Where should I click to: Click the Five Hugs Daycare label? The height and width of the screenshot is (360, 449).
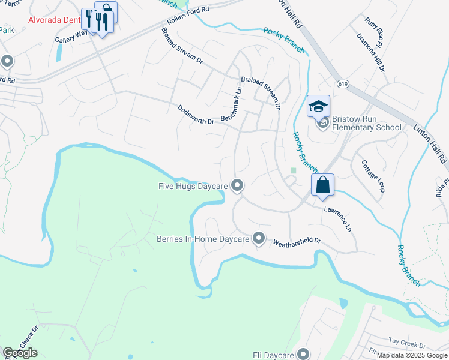(x=192, y=186)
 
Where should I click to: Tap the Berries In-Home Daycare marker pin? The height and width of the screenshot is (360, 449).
(x=259, y=239)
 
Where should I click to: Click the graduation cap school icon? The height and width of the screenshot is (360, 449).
(x=318, y=107)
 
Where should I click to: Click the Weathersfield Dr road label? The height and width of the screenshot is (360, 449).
(x=297, y=242)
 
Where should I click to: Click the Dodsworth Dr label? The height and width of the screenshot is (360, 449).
(x=196, y=115)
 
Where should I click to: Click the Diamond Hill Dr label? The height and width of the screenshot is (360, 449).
(x=370, y=53)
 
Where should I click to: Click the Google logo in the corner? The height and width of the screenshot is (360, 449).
(x=20, y=353)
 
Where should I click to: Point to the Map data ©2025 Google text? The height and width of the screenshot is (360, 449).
(x=411, y=355)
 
